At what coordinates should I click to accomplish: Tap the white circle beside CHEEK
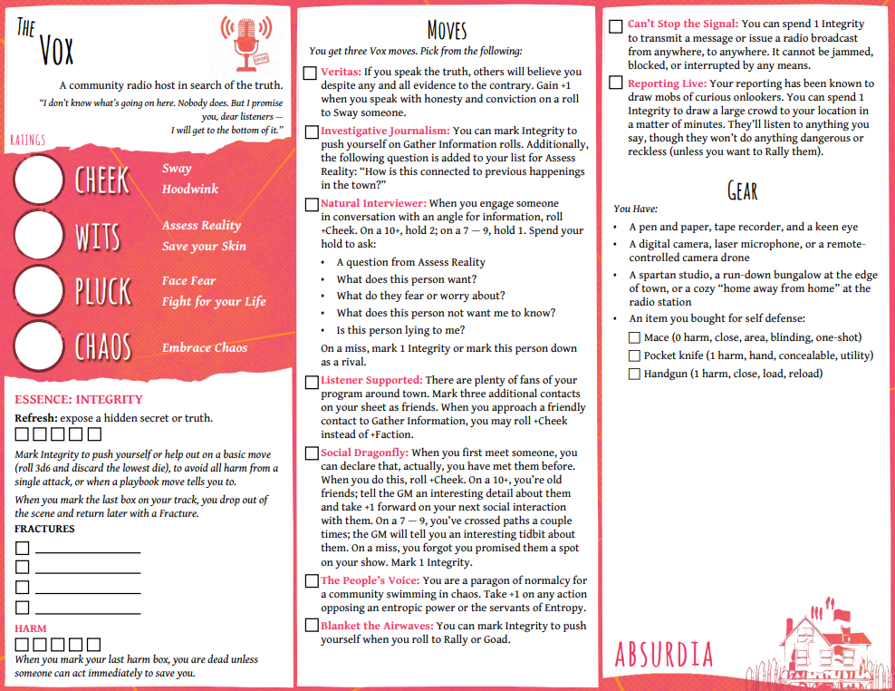tap(39, 180)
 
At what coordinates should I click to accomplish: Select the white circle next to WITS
tap(39, 235)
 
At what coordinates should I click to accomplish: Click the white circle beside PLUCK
tap(39, 290)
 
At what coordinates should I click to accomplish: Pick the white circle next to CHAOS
tap(39, 346)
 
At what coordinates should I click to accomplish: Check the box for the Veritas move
tap(311, 73)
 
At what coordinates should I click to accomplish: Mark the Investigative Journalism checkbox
tap(311, 132)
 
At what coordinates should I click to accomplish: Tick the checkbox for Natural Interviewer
tap(311, 205)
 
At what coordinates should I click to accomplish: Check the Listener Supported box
tap(311, 381)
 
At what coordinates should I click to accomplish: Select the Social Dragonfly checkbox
tap(311, 453)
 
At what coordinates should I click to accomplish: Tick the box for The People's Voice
tap(311, 581)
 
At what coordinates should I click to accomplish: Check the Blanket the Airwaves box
tap(311, 627)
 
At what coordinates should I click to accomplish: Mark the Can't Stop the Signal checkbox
tap(616, 25)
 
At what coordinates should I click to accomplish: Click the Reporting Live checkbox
tap(616, 84)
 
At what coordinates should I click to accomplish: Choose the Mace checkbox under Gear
tap(634, 338)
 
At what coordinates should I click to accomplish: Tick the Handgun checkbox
tap(634, 375)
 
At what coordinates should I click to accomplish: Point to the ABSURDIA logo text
tap(664, 655)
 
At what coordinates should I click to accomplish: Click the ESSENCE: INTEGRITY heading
tap(79, 400)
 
